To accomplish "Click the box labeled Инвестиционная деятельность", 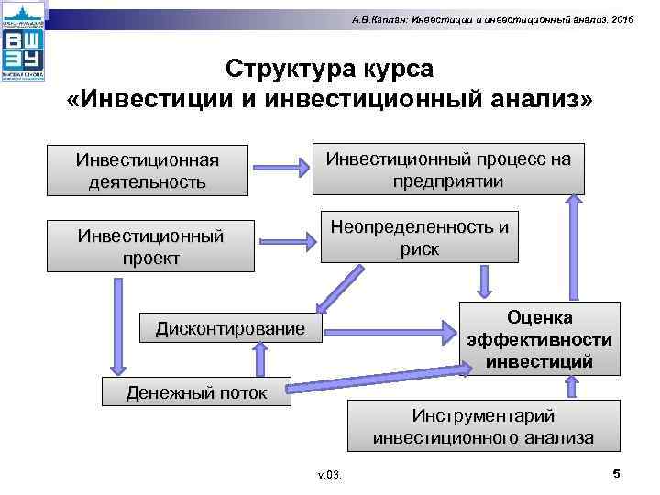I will pos(148,170).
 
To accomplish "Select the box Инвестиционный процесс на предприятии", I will pos(448,170).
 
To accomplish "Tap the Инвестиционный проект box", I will pos(150,247).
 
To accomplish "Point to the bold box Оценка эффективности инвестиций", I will pos(539,340).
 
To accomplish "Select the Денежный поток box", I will pos(197,392).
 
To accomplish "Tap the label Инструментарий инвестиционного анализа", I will pos(483,426).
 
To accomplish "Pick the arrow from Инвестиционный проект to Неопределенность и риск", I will pos(286,244).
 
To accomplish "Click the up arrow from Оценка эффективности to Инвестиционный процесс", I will pos(576,247).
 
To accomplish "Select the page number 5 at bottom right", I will pos(616,473).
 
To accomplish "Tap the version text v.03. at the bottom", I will pos(328,476).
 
